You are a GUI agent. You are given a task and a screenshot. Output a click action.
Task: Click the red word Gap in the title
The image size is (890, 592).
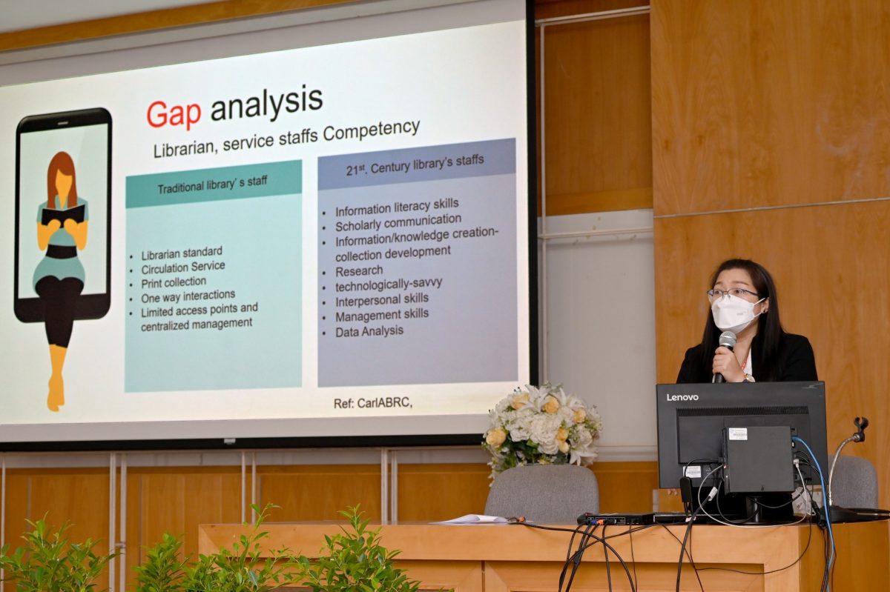174,115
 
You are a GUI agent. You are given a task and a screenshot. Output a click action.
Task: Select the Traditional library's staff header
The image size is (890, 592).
212,184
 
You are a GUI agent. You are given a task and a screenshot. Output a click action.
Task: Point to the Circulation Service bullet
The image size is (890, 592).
182,267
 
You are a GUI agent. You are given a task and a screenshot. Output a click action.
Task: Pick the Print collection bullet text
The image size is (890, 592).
174,282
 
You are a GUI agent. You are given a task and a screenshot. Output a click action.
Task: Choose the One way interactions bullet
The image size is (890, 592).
188,296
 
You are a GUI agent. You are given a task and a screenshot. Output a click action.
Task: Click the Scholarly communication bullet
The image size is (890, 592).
398,222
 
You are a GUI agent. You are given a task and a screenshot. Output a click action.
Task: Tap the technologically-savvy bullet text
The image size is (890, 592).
389,285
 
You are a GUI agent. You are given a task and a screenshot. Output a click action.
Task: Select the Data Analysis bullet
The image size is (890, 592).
369,331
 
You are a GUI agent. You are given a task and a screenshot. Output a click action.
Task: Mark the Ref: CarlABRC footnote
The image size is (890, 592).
372,403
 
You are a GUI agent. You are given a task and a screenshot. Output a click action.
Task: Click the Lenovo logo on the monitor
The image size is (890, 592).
682,397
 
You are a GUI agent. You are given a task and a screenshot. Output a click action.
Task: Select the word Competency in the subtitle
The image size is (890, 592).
371,130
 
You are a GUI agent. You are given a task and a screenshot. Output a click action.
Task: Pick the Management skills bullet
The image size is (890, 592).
382,315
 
